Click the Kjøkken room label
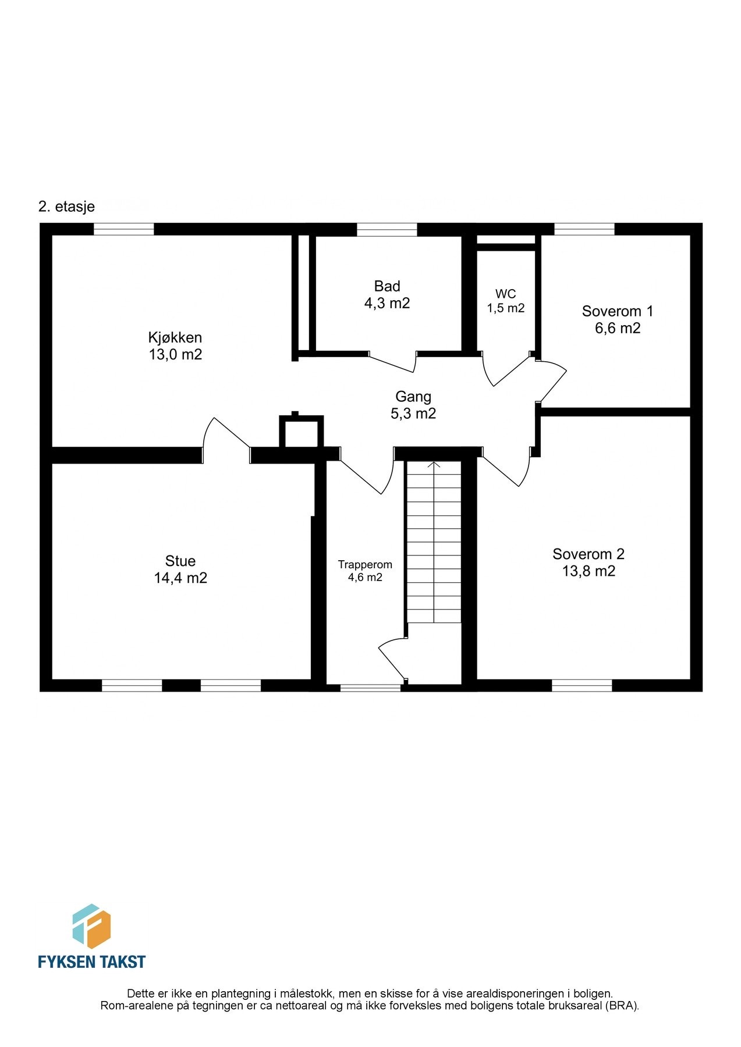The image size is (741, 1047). pos(175,337)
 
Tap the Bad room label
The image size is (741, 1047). pos(387,286)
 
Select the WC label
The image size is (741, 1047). pos(505,294)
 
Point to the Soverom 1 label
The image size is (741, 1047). pos(618,311)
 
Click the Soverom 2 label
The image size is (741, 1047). pos(588,554)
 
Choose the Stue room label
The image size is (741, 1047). pos(180,561)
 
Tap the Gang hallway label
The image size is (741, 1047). pos(413,397)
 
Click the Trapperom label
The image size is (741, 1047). pos(365,565)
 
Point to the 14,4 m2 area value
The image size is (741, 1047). pos(180,578)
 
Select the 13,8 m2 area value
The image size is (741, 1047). pos(588,571)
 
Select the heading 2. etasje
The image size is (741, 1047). pos(66,206)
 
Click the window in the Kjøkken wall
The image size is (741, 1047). pos(124,230)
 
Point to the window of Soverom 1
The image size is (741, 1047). pos(584,230)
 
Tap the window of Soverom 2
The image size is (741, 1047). pos(582,686)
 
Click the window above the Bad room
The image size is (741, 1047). pos(387,230)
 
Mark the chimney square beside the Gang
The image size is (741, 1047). pos(302,431)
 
